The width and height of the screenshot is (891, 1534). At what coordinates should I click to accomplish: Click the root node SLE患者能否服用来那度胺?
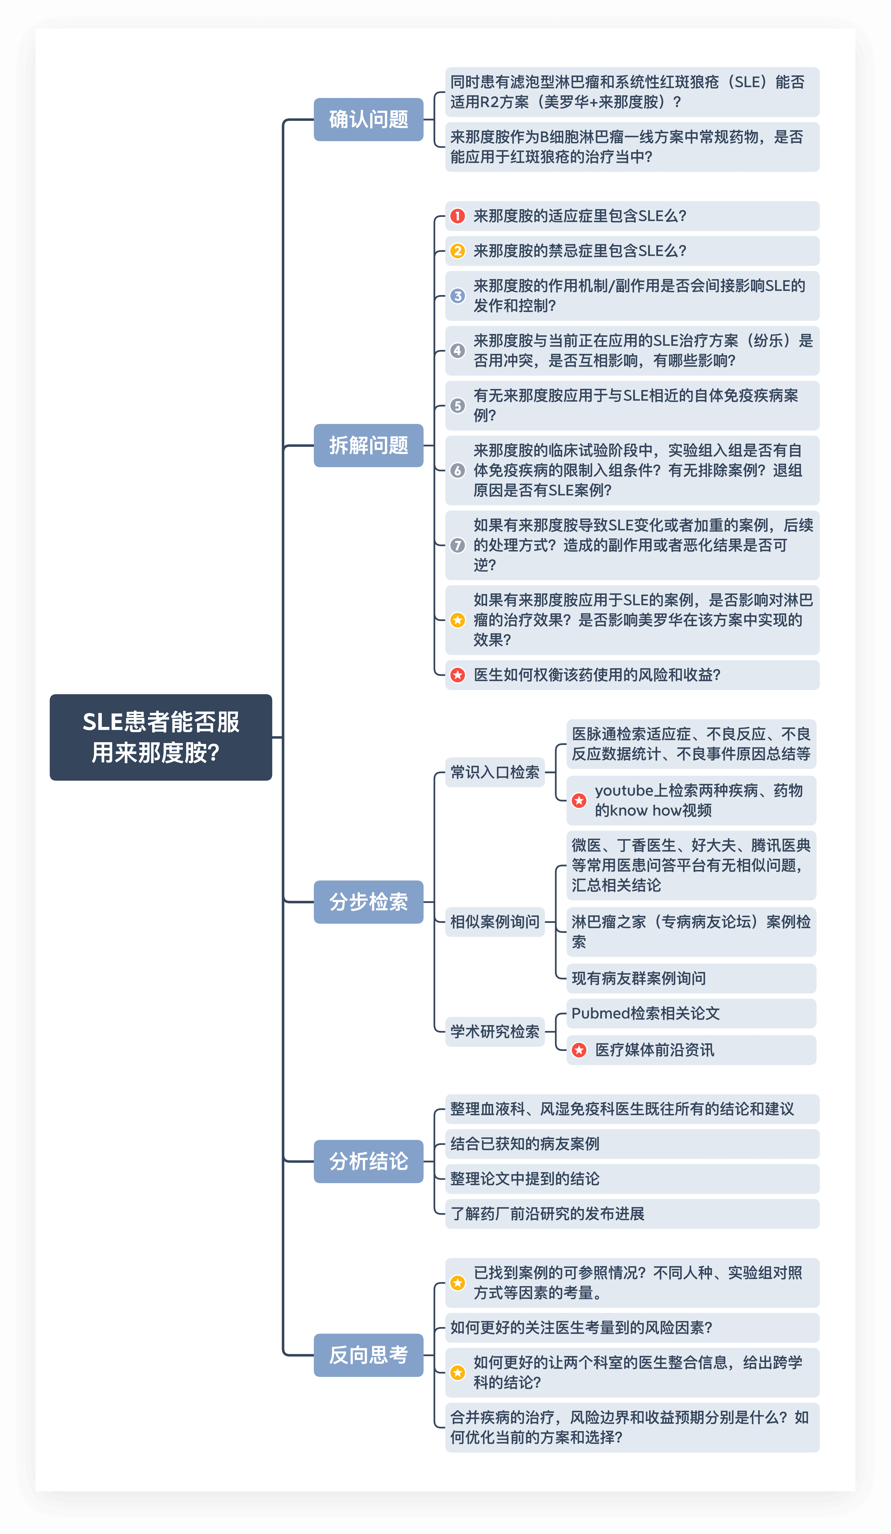[161, 737]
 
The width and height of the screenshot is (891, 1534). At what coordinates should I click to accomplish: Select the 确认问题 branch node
[368, 119]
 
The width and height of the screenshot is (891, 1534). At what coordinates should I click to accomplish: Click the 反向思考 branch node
[368, 1355]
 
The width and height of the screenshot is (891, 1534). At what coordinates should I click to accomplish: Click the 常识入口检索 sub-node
[495, 773]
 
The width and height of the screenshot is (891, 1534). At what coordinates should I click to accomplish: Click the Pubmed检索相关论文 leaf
[646, 1014]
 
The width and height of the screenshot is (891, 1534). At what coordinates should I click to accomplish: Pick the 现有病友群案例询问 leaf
[638, 978]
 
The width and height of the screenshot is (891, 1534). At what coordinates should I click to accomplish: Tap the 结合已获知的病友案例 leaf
[525, 1144]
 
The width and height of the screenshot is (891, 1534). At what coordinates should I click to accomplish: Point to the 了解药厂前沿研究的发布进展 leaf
[547, 1214]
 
